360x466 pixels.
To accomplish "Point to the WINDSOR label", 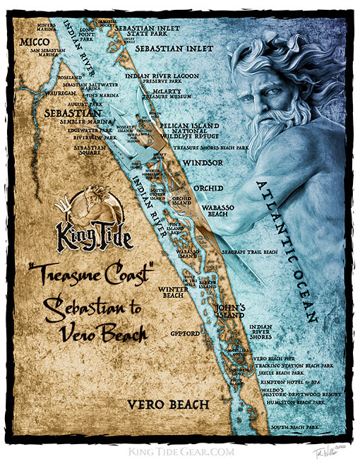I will click(x=203, y=162).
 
